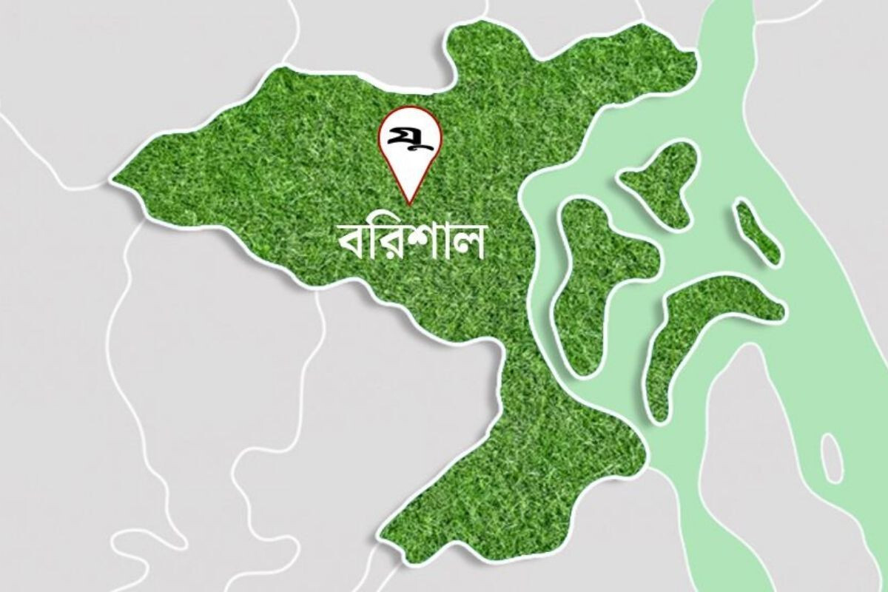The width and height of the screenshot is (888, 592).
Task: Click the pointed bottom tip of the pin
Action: coord(408,203)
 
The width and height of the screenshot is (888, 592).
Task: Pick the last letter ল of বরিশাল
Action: coord(467,244)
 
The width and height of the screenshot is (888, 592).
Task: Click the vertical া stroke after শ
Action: coord(443,244)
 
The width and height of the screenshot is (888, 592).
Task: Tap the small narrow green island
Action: coord(756,231)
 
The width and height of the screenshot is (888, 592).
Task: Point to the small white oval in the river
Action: coord(832,457)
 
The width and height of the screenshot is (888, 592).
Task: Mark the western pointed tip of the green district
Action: coord(115,179)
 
